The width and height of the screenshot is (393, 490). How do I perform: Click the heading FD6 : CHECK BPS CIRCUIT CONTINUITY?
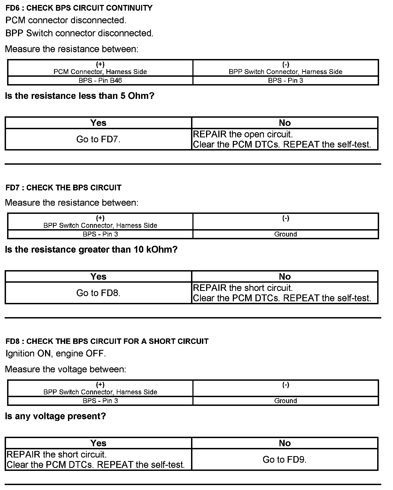79,8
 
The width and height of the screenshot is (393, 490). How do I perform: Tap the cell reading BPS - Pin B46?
100,81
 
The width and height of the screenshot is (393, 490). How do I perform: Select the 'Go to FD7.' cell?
98,139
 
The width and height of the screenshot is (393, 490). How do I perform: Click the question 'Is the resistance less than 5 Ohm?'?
80,96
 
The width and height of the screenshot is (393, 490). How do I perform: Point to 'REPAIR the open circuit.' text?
243,134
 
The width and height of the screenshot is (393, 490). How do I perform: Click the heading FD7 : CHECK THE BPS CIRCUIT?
63,188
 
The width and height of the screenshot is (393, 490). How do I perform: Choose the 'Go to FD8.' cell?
98,293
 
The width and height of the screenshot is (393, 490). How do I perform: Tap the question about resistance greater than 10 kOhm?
91,249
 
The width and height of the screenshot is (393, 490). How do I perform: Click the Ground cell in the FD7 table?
285,234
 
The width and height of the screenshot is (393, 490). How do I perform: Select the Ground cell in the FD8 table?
285,401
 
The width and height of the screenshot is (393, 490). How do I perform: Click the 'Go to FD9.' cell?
285,459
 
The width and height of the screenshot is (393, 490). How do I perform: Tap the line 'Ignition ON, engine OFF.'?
55,353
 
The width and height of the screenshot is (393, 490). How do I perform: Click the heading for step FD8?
107,341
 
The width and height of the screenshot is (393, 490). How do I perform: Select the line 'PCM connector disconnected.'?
66,20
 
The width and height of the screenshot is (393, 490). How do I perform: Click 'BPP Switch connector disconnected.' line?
79,33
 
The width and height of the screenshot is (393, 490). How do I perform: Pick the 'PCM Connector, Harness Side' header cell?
100,72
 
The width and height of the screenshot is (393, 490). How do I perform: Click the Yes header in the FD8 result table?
98,443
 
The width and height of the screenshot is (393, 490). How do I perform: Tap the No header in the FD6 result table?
285,123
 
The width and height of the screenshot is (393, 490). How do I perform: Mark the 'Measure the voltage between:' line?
65,369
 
